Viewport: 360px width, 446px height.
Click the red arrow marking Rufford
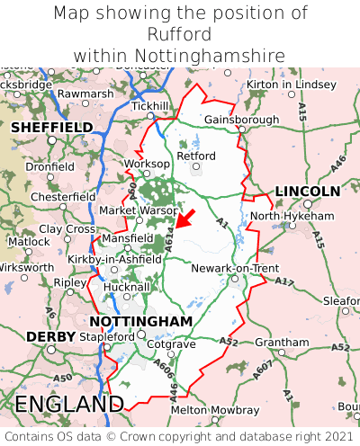(184, 219)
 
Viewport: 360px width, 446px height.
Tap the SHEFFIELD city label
(51, 128)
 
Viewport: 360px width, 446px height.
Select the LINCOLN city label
(307, 192)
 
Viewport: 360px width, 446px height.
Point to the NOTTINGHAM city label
(141, 321)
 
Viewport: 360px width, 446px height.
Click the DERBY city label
(44, 336)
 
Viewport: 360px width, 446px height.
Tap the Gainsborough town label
(242, 119)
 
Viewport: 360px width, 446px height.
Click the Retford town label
(196, 156)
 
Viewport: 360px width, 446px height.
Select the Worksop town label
(146, 164)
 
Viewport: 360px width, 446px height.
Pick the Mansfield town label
(123, 238)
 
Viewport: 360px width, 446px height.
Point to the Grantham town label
(281, 343)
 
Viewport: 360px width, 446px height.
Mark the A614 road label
(168, 236)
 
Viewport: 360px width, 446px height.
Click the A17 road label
(284, 281)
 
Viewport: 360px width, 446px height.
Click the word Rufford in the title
(180, 34)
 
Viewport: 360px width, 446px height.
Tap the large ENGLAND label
(68, 404)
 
